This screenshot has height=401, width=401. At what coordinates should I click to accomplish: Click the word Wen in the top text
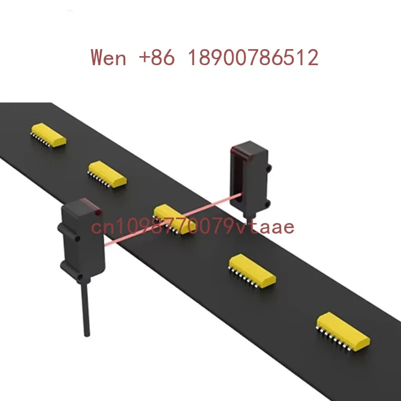point(108,57)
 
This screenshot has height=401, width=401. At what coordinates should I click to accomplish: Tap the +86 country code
point(157,57)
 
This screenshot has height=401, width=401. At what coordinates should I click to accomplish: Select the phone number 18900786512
point(253,57)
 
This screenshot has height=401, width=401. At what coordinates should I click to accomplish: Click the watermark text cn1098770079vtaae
point(192,226)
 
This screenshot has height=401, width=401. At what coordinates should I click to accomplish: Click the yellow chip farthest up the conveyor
point(48,135)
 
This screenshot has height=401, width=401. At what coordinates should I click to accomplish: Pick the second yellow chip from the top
point(107,174)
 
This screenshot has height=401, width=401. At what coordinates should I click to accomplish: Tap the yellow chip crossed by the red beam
point(174,219)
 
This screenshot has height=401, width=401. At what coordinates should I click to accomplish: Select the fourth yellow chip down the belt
point(252,271)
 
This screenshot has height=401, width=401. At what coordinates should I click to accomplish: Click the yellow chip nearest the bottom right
point(343,331)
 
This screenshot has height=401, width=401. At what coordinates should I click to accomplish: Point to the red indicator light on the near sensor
point(98,212)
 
